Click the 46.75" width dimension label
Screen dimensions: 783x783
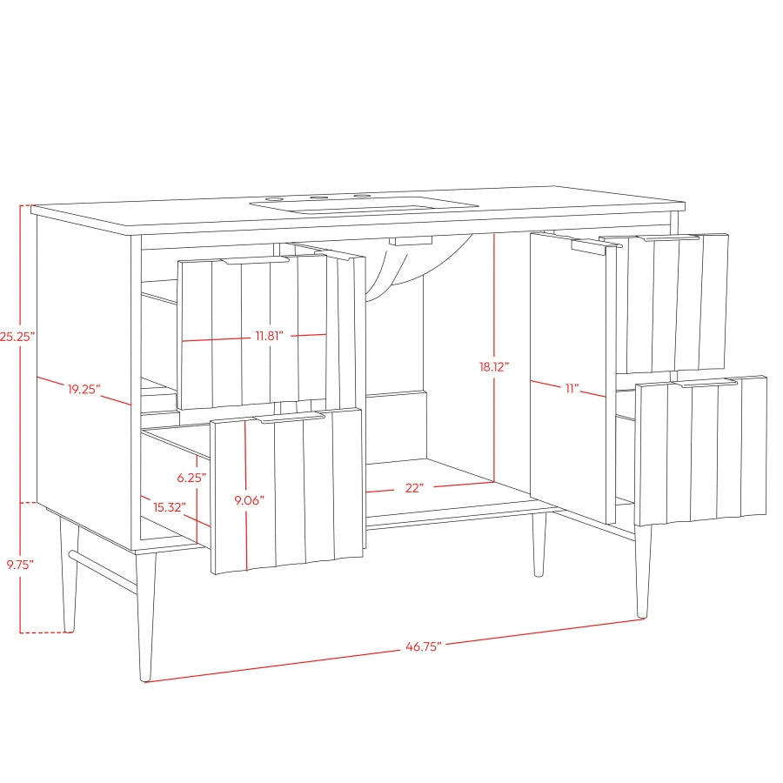(424, 646)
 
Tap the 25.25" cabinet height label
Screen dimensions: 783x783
(17, 337)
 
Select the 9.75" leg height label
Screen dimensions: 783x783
(20, 565)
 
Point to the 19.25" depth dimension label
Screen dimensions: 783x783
(84, 389)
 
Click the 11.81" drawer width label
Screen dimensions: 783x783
(270, 336)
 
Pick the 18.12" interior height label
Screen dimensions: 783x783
(494, 367)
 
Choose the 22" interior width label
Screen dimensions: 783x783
(414, 488)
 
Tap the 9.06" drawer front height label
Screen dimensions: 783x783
(249, 500)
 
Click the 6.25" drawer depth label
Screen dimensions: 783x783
(191, 478)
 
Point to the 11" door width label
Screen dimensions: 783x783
(572, 388)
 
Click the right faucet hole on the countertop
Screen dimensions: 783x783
(362, 197)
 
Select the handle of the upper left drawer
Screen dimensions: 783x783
(256, 260)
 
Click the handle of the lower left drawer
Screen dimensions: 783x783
(290, 418)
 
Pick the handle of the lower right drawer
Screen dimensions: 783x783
(707, 384)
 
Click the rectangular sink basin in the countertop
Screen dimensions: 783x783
(365, 207)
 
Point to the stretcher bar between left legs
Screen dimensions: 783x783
(103, 572)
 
